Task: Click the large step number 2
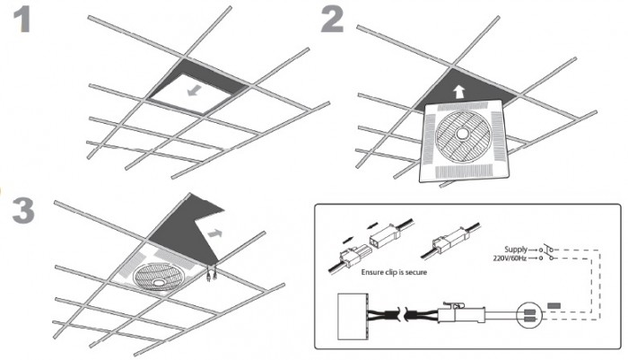pyautogui.click(x=332, y=20)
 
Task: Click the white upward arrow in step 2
pyautogui.click(x=458, y=91)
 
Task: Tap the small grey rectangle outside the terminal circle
pyautogui.click(x=554, y=306)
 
